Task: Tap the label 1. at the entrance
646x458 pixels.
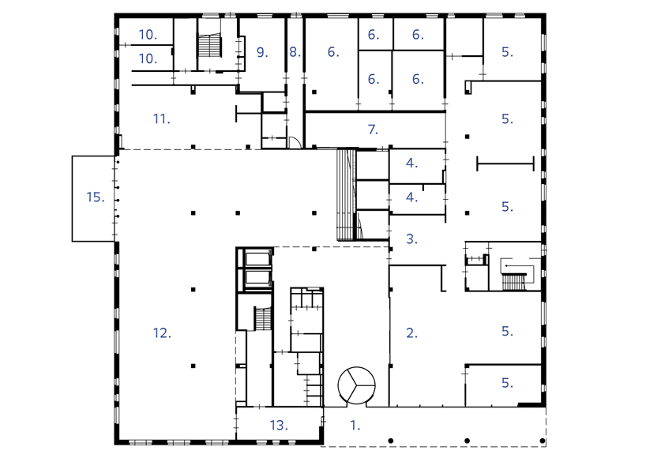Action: click(x=355, y=425)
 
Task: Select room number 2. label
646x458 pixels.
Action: click(x=411, y=333)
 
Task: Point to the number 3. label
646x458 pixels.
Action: click(x=411, y=238)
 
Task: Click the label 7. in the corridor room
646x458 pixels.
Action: click(x=373, y=130)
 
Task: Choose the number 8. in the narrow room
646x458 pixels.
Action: click(x=295, y=52)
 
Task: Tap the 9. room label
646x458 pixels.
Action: click(x=262, y=52)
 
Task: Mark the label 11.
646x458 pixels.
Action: click(x=162, y=119)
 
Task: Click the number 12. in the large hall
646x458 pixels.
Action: click(x=162, y=333)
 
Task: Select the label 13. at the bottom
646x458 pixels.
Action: click(x=278, y=425)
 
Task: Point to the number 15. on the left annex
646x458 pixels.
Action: click(x=96, y=197)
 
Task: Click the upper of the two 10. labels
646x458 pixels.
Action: click(x=148, y=34)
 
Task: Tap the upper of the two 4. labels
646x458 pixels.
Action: click(x=411, y=163)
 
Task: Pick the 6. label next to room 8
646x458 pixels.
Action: click(x=332, y=52)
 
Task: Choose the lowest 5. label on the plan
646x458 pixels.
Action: click(x=507, y=383)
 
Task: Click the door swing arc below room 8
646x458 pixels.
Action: click(x=293, y=142)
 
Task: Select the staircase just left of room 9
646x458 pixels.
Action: click(x=210, y=46)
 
